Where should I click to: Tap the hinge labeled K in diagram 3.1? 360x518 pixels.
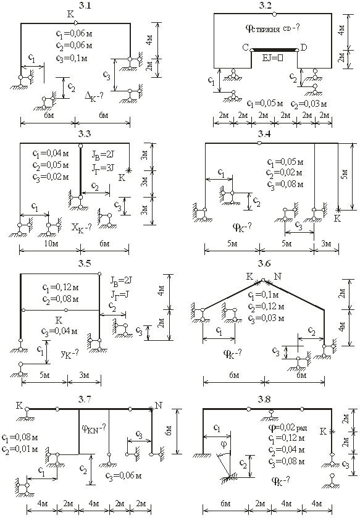75,23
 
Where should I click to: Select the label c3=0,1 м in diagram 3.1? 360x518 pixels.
72,58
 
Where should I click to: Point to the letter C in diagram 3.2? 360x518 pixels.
245,48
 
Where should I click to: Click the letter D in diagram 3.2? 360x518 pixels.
304,48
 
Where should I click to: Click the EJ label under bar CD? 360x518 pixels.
273,57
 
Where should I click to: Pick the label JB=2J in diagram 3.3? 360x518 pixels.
103,154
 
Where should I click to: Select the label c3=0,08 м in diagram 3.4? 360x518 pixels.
285,185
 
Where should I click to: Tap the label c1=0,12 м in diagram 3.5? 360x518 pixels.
61,288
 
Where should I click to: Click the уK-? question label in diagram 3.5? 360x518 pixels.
70,354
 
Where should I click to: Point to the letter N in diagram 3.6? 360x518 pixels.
278,276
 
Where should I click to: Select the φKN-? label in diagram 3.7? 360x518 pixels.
93,428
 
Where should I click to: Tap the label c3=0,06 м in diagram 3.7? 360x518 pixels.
123,476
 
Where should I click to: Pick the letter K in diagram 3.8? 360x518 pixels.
323,431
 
